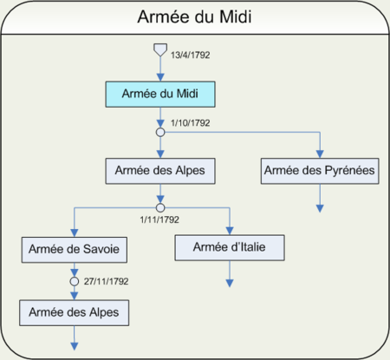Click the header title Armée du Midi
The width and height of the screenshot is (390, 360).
tap(194, 16)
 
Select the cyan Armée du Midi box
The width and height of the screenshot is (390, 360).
tap(160, 95)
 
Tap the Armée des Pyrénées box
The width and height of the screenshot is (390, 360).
tap(320, 171)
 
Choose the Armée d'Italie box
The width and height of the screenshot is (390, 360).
tap(230, 247)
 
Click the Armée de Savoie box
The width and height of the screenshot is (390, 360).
tap(75, 250)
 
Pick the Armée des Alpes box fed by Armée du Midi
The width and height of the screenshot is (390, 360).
tap(160, 171)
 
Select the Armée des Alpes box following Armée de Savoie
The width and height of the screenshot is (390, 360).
tap(75, 313)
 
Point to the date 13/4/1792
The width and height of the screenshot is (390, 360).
tap(190, 55)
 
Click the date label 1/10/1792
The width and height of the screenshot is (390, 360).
tap(190, 123)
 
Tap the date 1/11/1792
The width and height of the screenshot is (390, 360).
tap(159, 219)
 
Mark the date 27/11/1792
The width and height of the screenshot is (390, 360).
tap(106, 281)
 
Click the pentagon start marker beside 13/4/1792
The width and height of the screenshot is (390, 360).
tap(160, 49)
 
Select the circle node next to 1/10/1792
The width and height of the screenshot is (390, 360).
tap(160, 133)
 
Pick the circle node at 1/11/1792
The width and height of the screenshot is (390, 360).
tap(160, 208)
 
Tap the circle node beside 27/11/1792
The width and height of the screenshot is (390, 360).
tap(75, 281)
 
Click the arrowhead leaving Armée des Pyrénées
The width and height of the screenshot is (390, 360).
tap(320, 208)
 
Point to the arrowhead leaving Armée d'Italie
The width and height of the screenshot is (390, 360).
tap(230, 284)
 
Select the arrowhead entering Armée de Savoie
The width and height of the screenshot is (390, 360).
tap(75, 233)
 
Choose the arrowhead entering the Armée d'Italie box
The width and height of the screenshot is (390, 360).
tap(230, 231)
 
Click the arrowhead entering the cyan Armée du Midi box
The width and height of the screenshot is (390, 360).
tap(160, 77)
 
